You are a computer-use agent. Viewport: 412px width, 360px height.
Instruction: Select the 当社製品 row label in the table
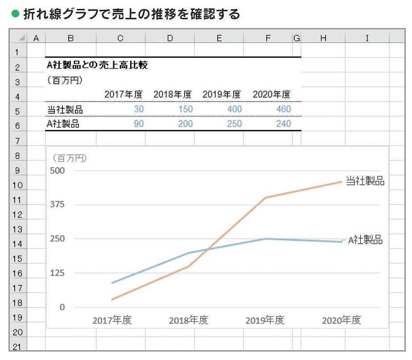[65, 109]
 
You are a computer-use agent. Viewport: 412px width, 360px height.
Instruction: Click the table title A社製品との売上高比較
[97, 65]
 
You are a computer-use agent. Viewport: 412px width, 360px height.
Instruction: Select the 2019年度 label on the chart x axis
[265, 320]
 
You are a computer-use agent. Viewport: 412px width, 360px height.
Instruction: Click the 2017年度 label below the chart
[112, 320]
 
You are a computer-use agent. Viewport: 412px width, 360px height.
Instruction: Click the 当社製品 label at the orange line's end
[365, 181]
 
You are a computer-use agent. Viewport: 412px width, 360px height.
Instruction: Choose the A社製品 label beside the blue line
[365, 240]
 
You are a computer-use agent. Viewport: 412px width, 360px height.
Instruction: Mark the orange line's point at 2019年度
[265, 197]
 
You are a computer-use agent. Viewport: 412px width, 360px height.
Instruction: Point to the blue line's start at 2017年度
[112, 283]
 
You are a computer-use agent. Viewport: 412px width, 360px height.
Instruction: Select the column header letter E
[219, 38]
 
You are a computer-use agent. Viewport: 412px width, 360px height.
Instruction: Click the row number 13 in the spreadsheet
[18, 229]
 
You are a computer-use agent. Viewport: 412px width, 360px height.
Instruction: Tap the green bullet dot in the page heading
[15, 14]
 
